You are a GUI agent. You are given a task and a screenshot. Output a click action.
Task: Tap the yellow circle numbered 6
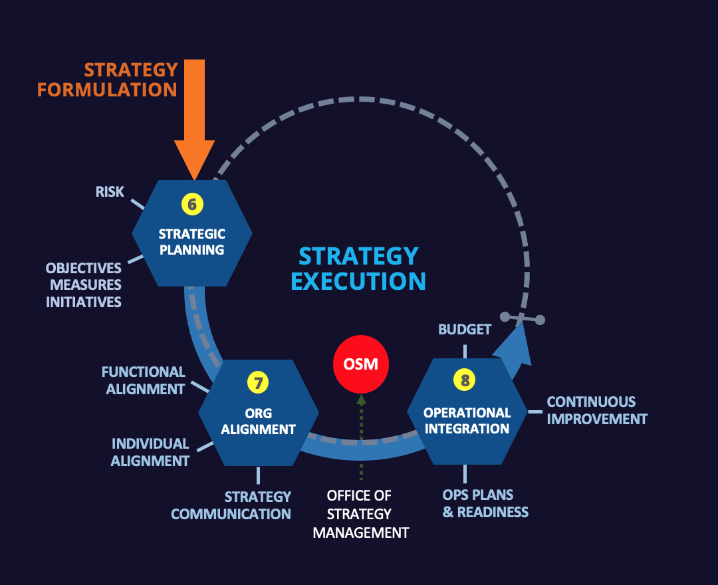pos(192,204)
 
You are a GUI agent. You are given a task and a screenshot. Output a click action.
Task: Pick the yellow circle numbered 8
pos(465,380)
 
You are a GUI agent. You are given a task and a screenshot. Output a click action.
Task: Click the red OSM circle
pos(360,364)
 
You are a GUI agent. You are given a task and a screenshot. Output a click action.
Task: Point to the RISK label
pos(110,192)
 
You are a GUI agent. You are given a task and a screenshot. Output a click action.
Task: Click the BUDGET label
pos(465,329)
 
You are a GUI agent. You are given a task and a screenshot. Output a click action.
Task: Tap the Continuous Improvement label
pos(596,411)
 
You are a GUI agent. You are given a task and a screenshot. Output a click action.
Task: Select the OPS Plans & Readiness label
pos(485,503)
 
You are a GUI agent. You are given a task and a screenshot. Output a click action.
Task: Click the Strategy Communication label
pos(231,505)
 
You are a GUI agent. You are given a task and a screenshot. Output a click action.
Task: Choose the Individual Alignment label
pos(150,452)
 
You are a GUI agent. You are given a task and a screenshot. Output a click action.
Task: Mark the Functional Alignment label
pos(144,380)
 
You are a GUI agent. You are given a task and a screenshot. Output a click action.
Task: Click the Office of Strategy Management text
pos(360,514)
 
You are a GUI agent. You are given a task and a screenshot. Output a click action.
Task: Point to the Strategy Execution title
pos(358,269)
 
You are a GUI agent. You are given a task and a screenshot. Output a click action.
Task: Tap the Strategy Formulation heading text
pos(108,80)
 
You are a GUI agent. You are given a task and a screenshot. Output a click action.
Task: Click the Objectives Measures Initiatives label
pos(84,285)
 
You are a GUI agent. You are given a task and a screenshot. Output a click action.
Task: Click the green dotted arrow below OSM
pos(361,435)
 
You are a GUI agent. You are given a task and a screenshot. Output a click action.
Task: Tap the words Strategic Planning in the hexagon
pos(192,242)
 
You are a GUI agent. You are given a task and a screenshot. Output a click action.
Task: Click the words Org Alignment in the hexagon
pos(258,421)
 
